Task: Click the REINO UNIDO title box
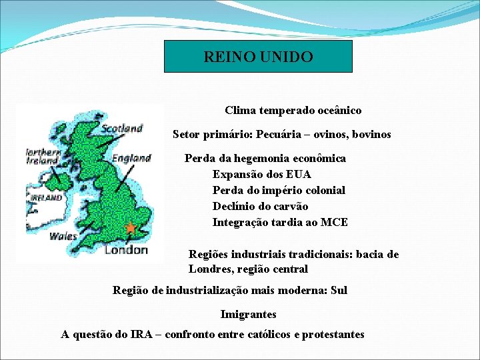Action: (258, 57)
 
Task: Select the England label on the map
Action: (131, 158)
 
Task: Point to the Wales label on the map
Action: (63, 235)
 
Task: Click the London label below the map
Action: (126, 250)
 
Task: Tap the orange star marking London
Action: (131, 228)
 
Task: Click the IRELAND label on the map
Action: (45, 198)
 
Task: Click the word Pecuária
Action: (295, 135)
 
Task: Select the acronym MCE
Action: (334, 223)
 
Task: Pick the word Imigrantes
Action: (248, 314)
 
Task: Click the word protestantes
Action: (333, 335)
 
